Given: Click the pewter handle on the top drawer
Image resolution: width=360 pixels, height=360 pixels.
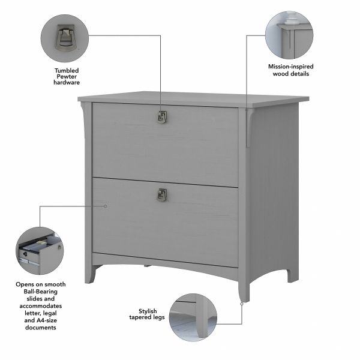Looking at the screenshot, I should click(x=161, y=118).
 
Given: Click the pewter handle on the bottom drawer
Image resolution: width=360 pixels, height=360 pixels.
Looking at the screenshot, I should click(x=161, y=194).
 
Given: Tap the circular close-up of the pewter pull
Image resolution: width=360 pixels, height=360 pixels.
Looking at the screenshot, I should click(x=65, y=37).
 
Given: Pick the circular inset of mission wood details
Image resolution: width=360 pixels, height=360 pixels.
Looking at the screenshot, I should click(x=290, y=33).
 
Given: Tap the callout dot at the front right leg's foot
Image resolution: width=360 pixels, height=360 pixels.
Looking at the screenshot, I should click(x=242, y=304).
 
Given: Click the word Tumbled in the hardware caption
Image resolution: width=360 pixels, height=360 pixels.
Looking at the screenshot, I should click(x=66, y=69).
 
